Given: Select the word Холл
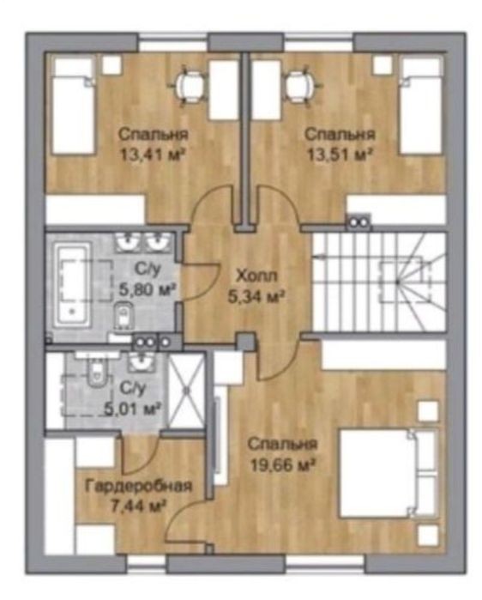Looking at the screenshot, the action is coord(256,276).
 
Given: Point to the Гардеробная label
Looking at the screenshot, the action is coord(138,487).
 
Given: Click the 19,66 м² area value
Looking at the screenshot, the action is coord(282,465).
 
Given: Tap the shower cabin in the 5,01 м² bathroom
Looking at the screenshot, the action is coord(186,391).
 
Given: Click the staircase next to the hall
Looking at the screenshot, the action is coord(379,282).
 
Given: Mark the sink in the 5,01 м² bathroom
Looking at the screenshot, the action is coord(142,361).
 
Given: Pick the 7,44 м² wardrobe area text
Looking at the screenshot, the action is coord(137,507).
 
